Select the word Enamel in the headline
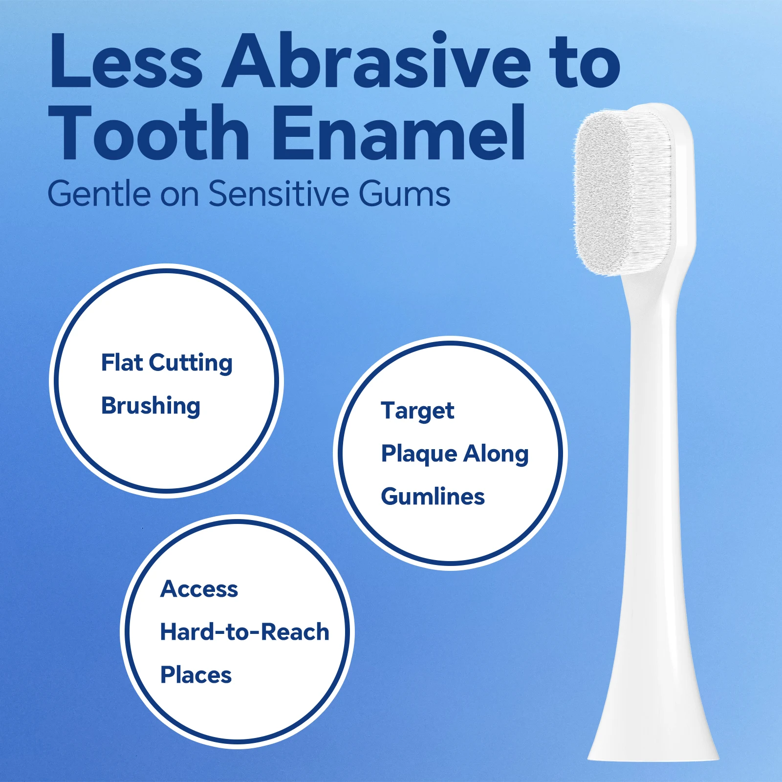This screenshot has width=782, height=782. [398, 133]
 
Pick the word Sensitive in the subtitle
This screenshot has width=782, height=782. [279, 194]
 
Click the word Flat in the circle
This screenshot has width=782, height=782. [122, 363]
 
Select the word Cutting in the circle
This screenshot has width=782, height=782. [191, 364]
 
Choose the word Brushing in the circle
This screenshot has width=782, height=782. [151, 406]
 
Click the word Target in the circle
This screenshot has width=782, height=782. [417, 411]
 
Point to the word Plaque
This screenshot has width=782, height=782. [419, 454]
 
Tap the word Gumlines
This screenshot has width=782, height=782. [433, 497]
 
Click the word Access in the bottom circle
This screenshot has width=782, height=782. [199, 589]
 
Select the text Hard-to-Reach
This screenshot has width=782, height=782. [244, 632]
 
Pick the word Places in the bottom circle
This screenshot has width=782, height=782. [195, 675]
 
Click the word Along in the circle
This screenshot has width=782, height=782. [496, 454]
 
